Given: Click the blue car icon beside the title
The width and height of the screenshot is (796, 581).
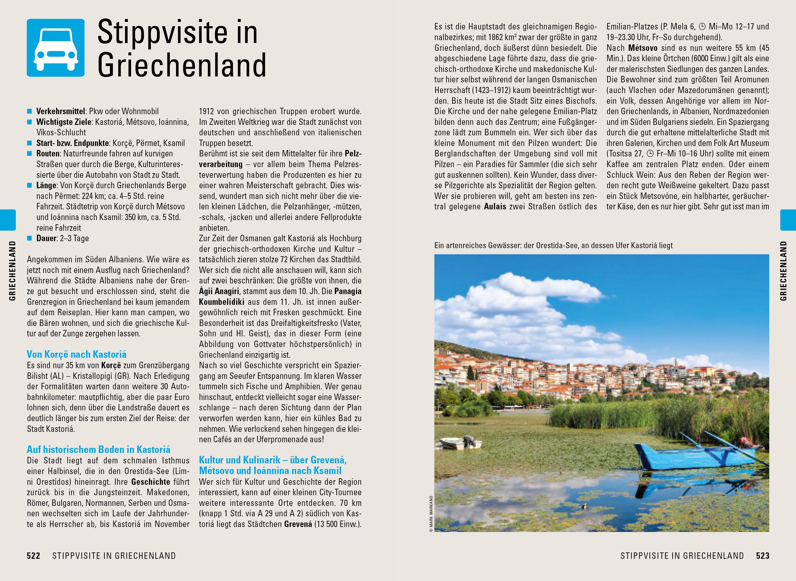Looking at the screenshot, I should coord(56,48).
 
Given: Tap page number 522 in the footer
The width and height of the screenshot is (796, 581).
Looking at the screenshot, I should coord(34,556).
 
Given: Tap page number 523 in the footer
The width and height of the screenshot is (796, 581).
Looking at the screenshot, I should coord(763,556).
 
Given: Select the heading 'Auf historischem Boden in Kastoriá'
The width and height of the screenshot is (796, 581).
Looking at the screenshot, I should coord(98,449).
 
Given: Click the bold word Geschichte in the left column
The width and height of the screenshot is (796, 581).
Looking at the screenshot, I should coord(151,482).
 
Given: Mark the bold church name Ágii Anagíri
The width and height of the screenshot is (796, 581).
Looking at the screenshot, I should coord(219,291).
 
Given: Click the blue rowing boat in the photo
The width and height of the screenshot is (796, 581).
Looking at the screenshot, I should coord(690,457).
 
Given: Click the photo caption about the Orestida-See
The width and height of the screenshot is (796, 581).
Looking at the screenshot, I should coord(553,245).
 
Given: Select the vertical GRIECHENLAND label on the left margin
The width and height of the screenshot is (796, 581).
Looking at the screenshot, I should coord(13,271).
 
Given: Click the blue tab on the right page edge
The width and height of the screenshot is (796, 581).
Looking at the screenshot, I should coord(788,220).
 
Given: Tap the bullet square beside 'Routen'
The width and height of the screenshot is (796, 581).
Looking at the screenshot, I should coord(29,154).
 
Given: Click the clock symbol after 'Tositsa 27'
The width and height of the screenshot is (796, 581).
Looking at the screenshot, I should coord(651,154).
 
